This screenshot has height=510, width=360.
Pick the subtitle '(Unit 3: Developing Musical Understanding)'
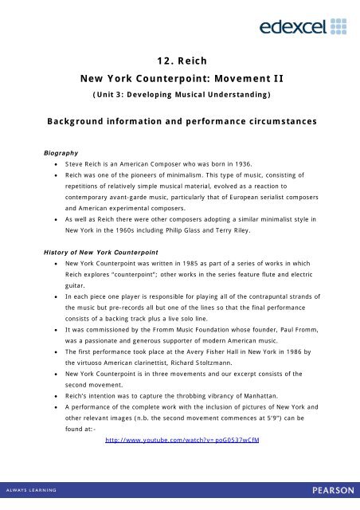[x=180, y=96]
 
